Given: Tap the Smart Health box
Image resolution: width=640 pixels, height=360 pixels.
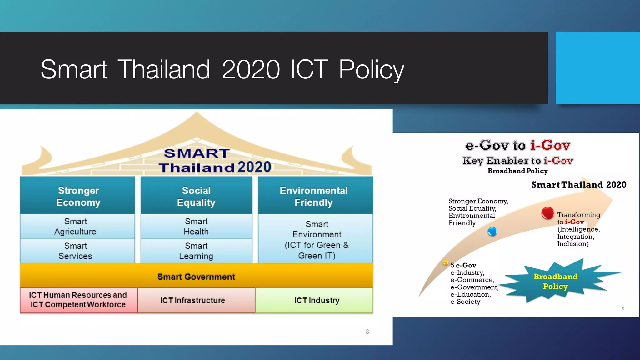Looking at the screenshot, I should [x=196, y=226].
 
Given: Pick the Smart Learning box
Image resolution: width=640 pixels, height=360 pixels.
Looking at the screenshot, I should [x=196, y=251].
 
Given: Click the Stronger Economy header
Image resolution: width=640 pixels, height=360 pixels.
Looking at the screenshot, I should [x=78, y=196].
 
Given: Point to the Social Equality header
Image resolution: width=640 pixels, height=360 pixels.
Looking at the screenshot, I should [x=196, y=196].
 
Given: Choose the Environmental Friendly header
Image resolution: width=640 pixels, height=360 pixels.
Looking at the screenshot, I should [x=314, y=196].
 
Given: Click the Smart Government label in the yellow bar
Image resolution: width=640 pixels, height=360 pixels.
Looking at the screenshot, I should [x=196, y=277].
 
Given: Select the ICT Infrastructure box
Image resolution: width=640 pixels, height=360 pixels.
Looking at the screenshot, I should [x=193, y=300].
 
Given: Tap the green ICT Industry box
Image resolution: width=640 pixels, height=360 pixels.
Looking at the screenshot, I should [x=317, y=300].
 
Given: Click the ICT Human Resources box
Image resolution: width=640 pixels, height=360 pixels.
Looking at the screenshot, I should [x=78, y=300].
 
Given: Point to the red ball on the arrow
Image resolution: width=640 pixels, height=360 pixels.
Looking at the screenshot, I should [x=547, y=213].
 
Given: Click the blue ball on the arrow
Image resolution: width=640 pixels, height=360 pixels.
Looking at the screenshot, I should [x=492, y=232].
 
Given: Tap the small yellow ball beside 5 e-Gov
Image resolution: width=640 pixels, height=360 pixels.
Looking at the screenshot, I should [x=446, y=263].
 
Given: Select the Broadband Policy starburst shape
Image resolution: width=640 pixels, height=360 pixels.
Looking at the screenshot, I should [x=555, y=281].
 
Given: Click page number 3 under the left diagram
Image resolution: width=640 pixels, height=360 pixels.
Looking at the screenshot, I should [x=367, y=332].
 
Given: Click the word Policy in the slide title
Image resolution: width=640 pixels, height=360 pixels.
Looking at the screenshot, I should [x=372, y=69].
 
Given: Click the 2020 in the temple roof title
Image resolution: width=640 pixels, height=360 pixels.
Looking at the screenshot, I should [x=254, y=167].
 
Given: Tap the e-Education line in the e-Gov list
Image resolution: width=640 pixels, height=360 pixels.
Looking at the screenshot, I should [x=470, y=294].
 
